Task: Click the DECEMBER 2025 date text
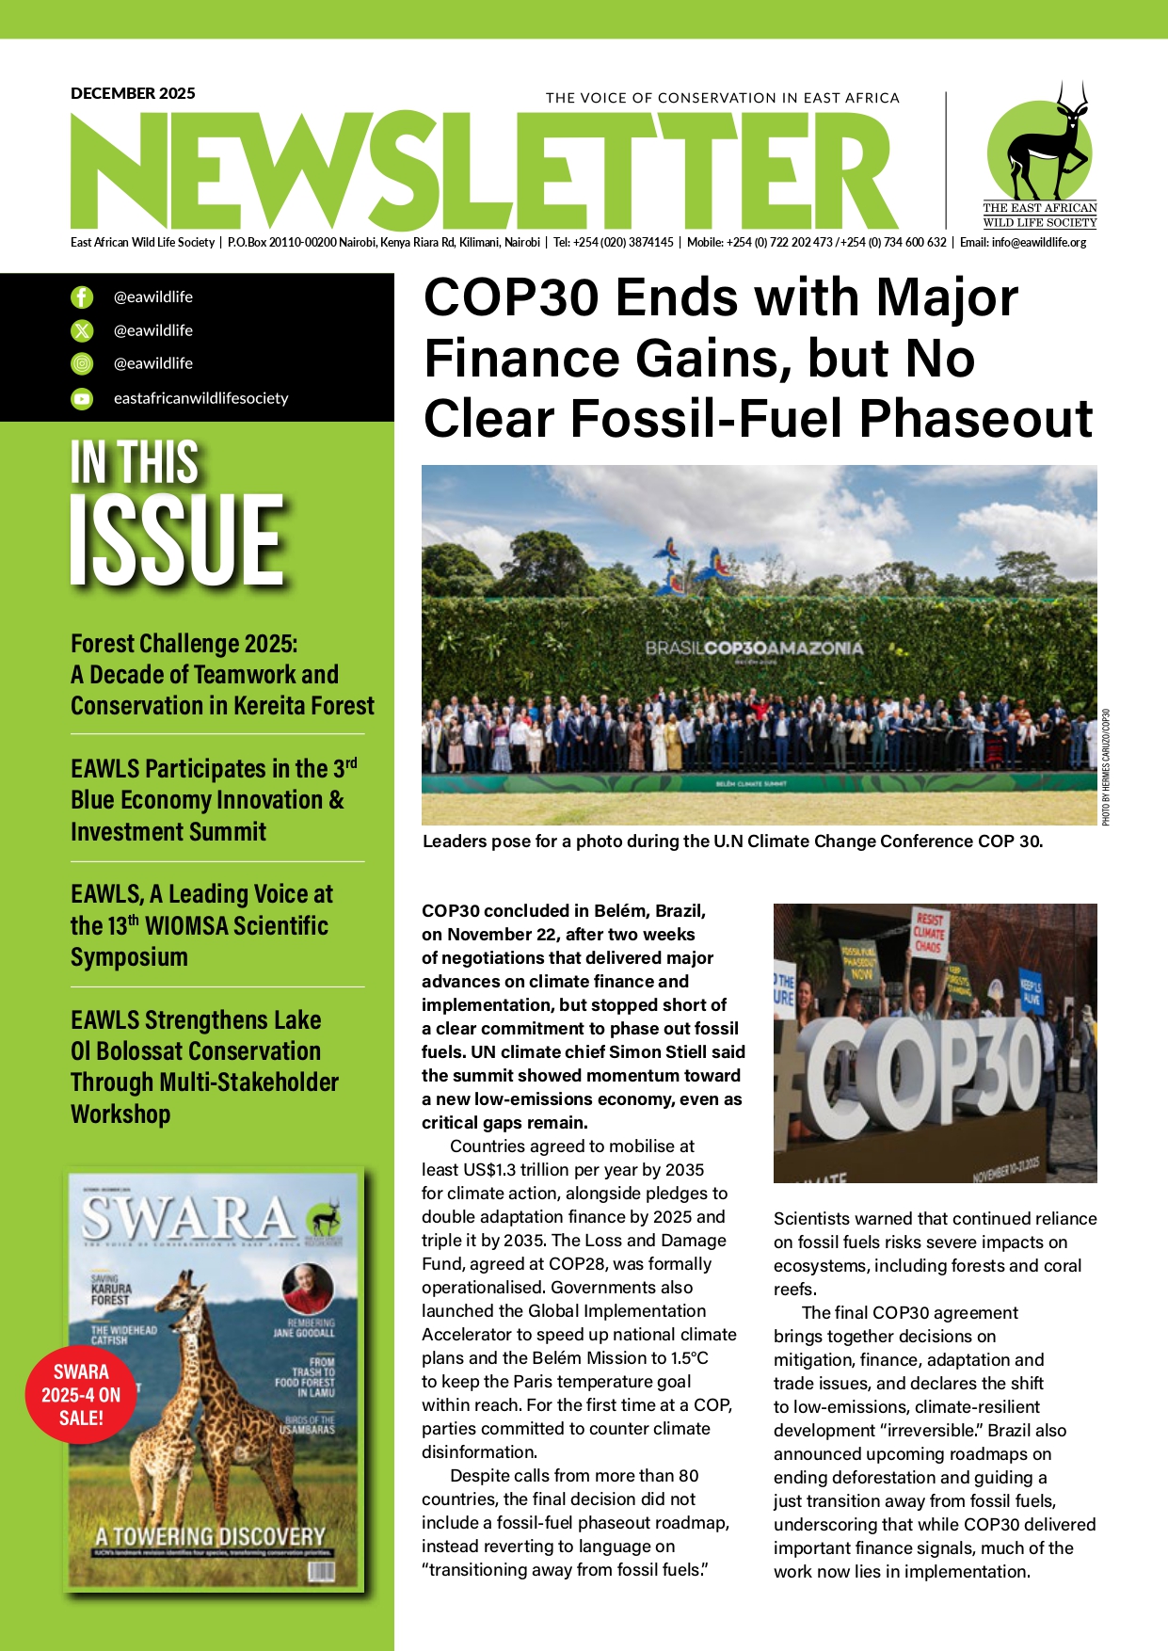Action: (133, 93)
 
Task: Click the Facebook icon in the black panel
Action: (83, 297)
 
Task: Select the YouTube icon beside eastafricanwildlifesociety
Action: (83, 399)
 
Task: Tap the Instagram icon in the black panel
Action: (83, 364)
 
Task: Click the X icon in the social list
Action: (83, 330)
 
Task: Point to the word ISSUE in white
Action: (177, 540)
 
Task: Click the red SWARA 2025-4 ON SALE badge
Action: (81, 1395)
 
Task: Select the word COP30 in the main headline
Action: (510, 298)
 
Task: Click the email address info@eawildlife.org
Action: (1038, 243)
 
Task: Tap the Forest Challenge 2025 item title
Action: (184, 644)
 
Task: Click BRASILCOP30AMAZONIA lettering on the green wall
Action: (754, 649)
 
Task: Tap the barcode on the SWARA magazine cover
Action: (320, 1571)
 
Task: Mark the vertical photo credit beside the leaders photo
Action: (1106, 767)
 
